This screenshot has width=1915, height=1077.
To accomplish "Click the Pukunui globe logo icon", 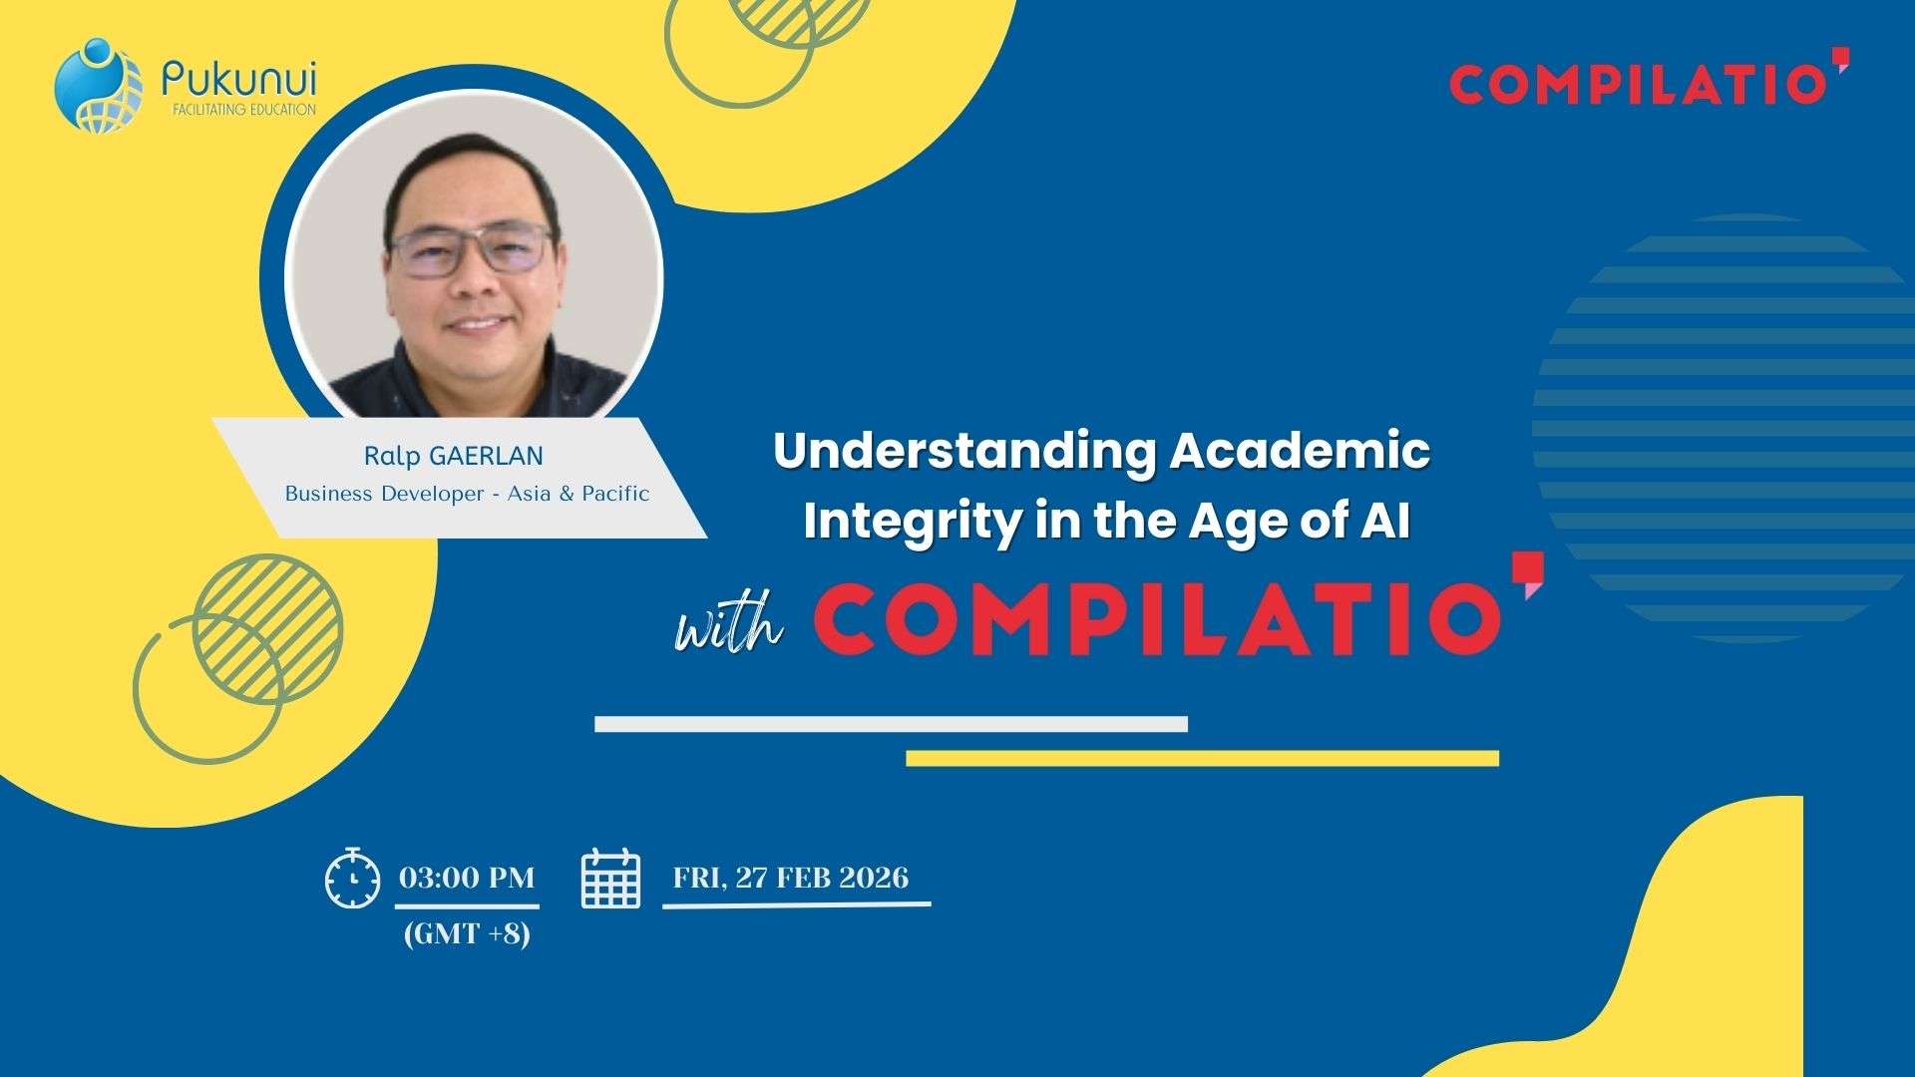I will (98, 85).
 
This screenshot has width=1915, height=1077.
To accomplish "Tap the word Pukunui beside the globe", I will (238, 78).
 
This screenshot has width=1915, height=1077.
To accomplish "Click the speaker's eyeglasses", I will (472, 249).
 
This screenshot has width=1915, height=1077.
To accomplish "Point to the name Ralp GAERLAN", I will (453, 457).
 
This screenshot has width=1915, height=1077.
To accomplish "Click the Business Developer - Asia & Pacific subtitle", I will (467, 494).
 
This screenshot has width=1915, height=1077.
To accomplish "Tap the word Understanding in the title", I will (963, 451).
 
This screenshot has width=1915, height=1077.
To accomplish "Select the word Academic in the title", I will (1301, 451).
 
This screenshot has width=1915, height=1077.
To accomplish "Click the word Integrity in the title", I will (912, 521).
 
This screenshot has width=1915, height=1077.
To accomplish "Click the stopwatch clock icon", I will (352, 879).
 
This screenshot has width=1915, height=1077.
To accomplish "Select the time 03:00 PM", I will (467, 878).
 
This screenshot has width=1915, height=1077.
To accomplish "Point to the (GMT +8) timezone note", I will (467, 934).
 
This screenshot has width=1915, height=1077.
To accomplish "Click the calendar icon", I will (610, 879).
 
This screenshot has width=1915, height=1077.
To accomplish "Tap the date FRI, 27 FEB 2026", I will (791, 878).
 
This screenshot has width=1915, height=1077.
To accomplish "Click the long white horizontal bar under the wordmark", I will (891, 724).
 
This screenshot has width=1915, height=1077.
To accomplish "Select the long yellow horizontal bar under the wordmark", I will (1202, 759).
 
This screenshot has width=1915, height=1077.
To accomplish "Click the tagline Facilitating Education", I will (244, 110).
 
